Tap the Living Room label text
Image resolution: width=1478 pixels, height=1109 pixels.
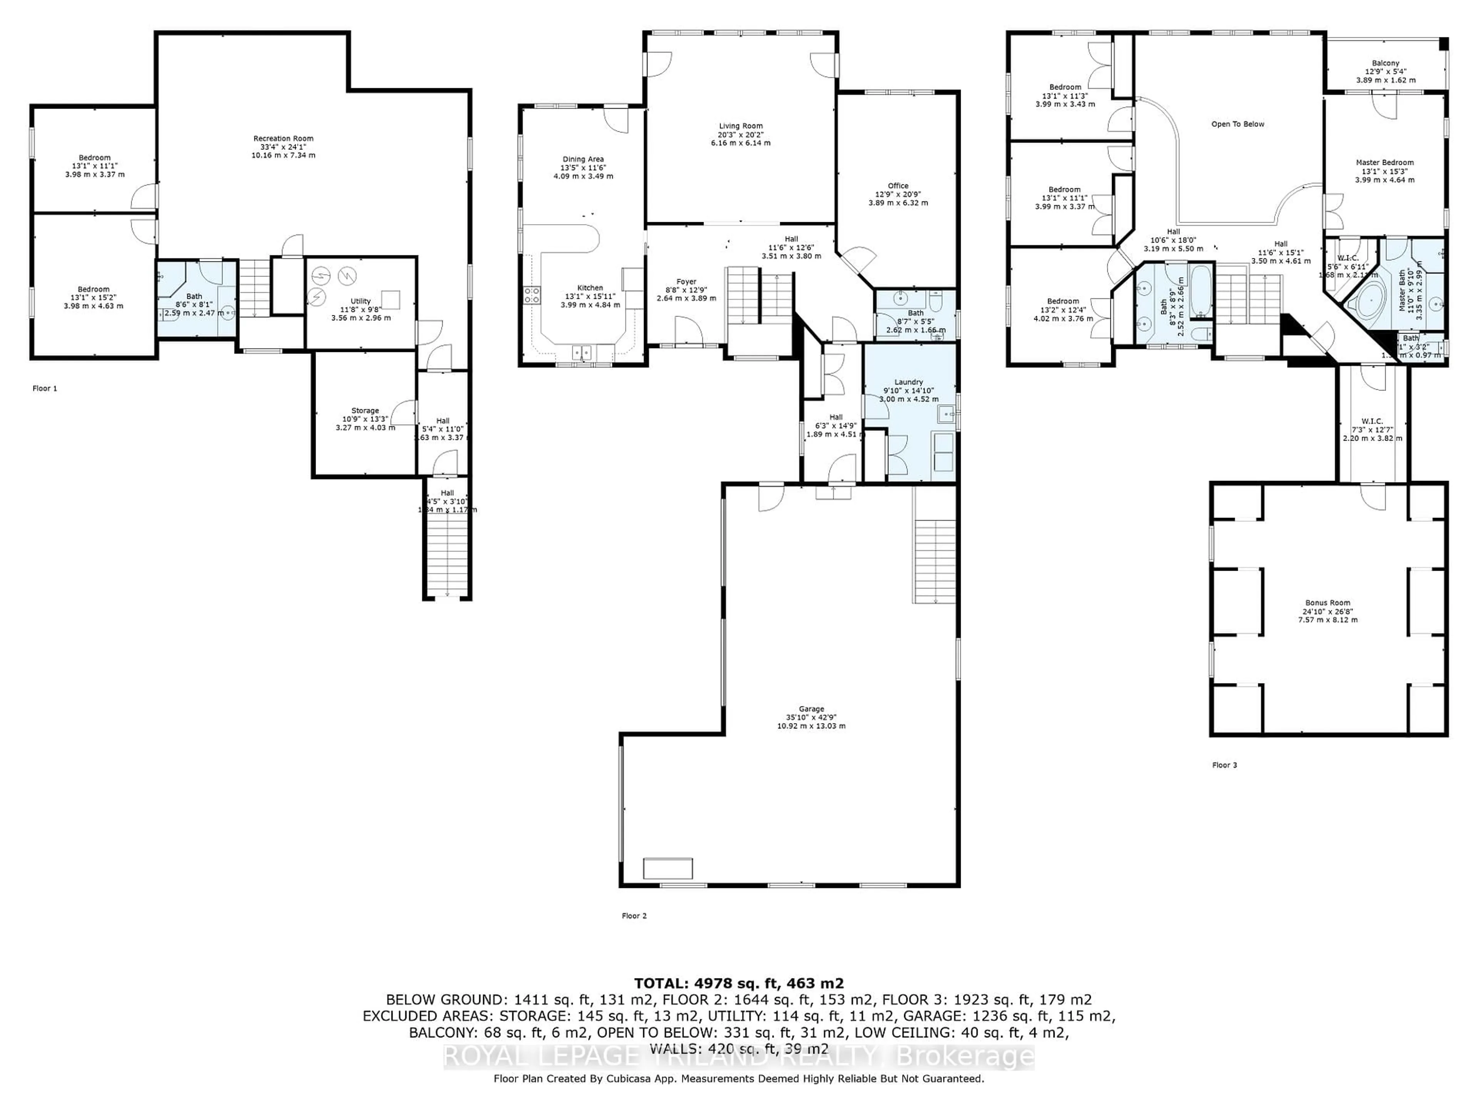click(740, 126)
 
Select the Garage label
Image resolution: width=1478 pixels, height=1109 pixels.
click(811, 709)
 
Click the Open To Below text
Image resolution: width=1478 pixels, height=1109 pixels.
click(1237, 124)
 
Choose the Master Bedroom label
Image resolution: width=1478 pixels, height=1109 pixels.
click(1384, 162)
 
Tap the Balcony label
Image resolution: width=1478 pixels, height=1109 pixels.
click(1386, 64)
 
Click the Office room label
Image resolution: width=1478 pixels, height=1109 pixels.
click(898, 186)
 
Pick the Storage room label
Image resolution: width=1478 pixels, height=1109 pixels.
click(365, 410)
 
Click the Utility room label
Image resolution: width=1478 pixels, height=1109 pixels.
click(360, 302)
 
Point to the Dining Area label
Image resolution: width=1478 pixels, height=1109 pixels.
click(583, 159)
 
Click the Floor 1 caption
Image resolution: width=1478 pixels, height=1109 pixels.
click(45, 389)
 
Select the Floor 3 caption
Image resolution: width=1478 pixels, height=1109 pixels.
click(1225, 765)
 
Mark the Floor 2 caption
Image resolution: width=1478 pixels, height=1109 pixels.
click(634, 916)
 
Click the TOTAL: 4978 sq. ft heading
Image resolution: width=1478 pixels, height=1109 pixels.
click(738, 983)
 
